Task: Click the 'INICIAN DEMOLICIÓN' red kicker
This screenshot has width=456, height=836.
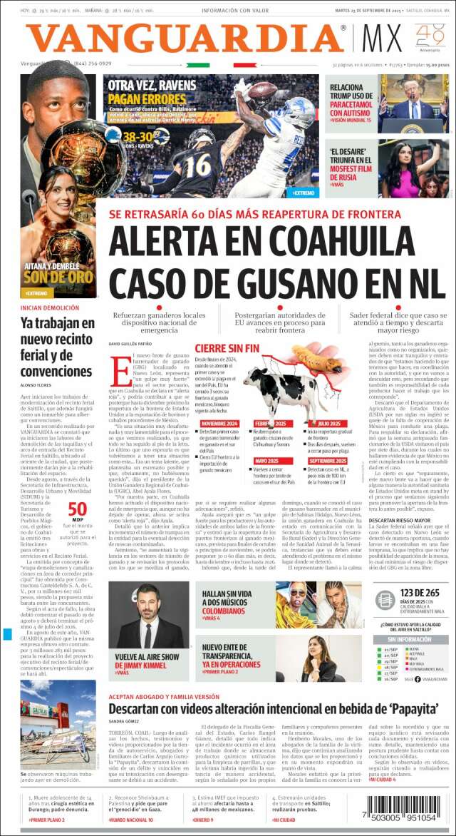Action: tap(45, 307)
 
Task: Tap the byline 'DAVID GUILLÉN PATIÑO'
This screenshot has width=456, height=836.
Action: tap(130, 345)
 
